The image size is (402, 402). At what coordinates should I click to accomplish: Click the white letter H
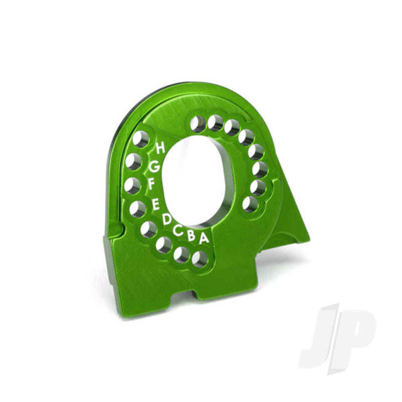pyautogui.click(x=160, y=148)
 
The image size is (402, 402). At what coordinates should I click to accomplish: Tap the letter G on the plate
pyautogui.click(x=155, y=167)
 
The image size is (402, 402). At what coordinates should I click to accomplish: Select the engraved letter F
pyautogui.click(x=152, y=184)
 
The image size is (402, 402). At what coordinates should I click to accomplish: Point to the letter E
pyautogui.click(x=156, y=205)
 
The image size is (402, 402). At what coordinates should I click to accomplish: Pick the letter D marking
pyautogui.click(x=167, y=220)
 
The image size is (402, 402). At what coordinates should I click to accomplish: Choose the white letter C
pyautogui.click(x=178, y=230)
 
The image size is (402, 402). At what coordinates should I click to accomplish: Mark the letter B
pyautogui.click(x=191, y=235)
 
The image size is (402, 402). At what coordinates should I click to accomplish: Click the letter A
pyautogui.click(x=204, y=238)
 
